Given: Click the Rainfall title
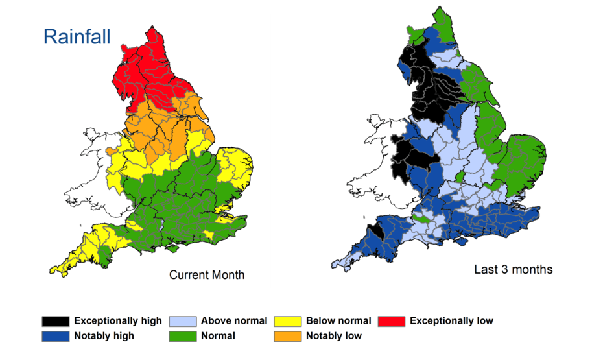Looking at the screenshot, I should pyautogui.click(x=77, y=36).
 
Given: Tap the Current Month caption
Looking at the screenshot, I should pyautogui.click(x=207, y=275).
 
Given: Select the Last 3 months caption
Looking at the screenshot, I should pyautogui.click(x=513, y=269).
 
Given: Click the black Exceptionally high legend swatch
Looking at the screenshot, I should pyautogui.click(x=55, y=321).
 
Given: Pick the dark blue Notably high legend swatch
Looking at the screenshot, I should pyautogui.click(x=55, y=336).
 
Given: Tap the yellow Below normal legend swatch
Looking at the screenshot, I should pyautogui.click(x=287, y=321).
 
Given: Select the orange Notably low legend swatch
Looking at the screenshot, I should pyautogui.click(x=287, y=336).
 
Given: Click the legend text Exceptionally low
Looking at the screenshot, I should pyautogui.click(x=451, y=321).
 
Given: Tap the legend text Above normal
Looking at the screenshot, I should pyautogui.click(x=233, y=321).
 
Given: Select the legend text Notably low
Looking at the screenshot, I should pyautogui.click(x=334, y=336).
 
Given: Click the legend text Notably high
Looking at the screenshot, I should pyautogui.click(x=104, y=336).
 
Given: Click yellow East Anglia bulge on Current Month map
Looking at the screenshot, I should pyautogui.click(x=235, y=167).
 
